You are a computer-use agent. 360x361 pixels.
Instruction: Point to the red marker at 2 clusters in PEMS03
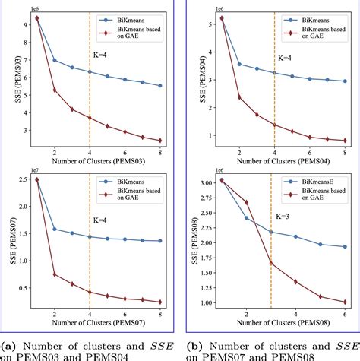[54, 90]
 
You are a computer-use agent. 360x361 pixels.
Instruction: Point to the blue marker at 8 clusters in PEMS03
[160, 86]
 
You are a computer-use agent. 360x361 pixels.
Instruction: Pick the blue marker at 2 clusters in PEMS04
[239, 64]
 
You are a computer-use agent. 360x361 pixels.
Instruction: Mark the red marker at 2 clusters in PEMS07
[54, 274]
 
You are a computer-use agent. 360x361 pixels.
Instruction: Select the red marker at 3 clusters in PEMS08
[271, 263]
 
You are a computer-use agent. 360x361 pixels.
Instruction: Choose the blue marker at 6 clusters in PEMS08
[346, 247]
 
